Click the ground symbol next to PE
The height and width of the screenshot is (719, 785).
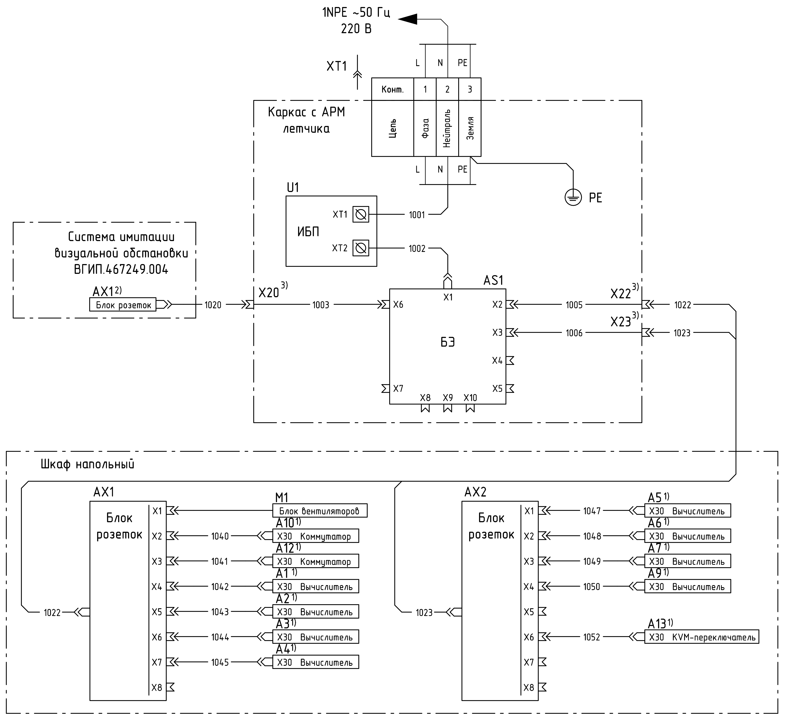pos(573,198)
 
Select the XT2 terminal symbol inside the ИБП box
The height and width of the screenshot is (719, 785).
pos(361,248)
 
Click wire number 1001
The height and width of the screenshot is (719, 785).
pos(417,215)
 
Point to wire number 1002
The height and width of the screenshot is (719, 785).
pos(417,249)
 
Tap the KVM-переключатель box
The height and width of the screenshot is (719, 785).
pos(702,637)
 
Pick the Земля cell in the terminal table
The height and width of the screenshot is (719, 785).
pos(470,128)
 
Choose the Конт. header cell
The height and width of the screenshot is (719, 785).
pos(392,89)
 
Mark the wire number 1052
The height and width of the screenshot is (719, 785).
pos(591,637)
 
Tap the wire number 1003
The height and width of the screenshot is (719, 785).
pos(321,305)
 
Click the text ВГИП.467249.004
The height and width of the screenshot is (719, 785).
pos(121,270)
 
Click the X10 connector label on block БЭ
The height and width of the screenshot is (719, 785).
pos(470,398)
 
